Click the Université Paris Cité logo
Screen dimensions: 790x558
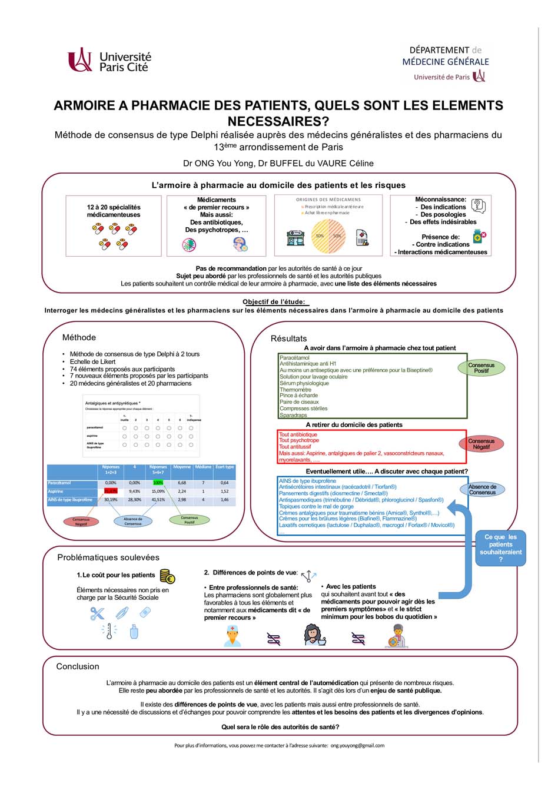pos(109,61)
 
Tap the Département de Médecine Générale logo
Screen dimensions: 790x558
pos(446,63)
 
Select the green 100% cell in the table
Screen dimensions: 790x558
pos(158,483)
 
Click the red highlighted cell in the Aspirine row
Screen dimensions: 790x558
pos(111,491)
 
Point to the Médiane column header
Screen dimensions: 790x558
pos(203,467)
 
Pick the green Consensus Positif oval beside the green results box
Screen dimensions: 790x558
pos(481,368)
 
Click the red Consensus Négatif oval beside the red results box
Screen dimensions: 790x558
pos(481,444)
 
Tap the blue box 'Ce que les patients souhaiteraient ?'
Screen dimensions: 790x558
pos(500,548)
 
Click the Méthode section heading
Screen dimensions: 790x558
pos(79,337)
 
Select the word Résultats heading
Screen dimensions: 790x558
pos(288,338)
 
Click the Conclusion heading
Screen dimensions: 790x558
pos(78,666)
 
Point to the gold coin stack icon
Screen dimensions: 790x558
pos(167,576)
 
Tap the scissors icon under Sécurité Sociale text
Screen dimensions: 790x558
pos(97,613)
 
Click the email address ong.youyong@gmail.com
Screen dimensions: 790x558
pos(357,745)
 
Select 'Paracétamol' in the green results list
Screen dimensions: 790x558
pos(294,357)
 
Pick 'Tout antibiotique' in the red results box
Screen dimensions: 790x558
pos(298,434)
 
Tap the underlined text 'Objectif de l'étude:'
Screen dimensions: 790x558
pos(274,302)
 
